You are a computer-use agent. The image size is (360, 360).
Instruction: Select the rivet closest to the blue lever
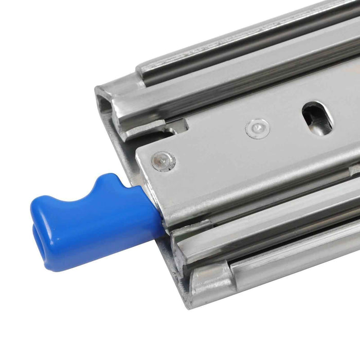click(x=163, y=161)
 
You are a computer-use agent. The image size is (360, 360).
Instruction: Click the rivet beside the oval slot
click(x=257, y=128)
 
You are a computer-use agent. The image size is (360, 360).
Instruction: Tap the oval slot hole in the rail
click(x=317, y=117)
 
